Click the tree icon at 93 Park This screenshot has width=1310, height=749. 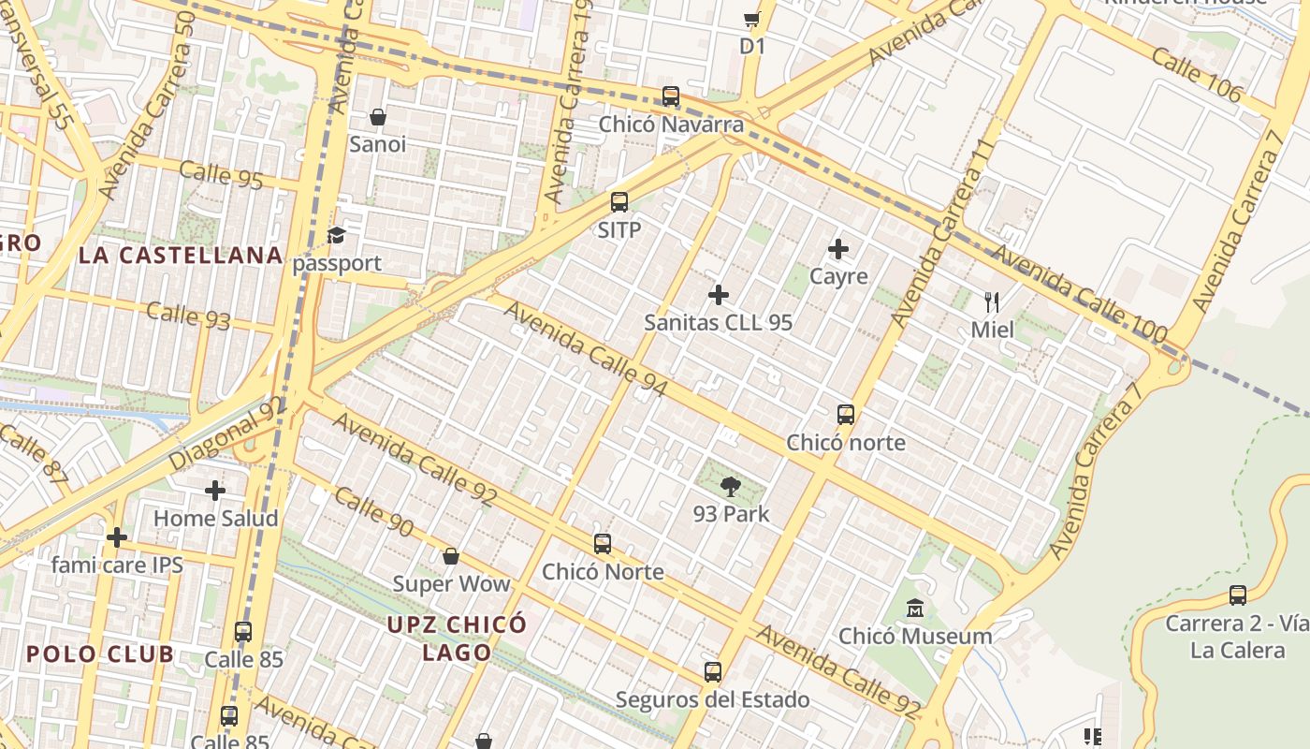coord(731,486)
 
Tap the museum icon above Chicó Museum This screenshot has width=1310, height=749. coord(914,609)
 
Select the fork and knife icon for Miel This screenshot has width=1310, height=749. coord(992,301)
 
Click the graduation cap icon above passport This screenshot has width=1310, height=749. coord(336,235)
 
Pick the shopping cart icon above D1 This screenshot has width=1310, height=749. coord(751,19)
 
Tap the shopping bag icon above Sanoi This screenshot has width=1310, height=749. coord(378,117)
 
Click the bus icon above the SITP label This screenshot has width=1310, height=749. coord(619,201)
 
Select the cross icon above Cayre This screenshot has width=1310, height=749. coord(838,249)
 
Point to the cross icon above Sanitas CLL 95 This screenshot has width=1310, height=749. coord(718,295)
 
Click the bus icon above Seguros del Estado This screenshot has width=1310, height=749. coord(712,671)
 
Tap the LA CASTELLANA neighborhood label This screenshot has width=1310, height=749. coord(181,255)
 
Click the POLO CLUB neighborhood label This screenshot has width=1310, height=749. coord(99,654)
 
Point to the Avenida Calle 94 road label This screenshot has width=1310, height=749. coord(586,347)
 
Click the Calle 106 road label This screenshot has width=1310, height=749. coord(1196,74)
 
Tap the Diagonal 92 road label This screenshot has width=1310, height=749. coord(226,435)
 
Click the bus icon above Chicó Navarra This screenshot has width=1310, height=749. coord(670,95)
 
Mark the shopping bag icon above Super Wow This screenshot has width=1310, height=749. coord(450,556)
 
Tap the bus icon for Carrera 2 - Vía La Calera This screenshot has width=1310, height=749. coord(1237,595)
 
